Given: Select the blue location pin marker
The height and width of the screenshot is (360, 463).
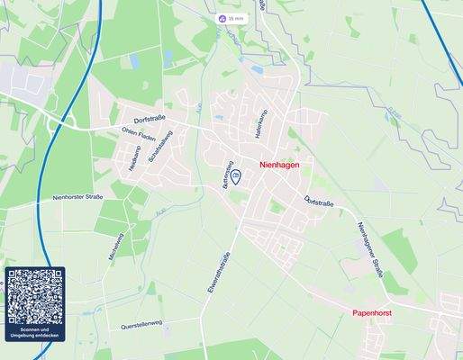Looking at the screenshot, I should click(x=236, y=176).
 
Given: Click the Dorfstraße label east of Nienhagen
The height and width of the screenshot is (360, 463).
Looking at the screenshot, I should click(x=319, y=202).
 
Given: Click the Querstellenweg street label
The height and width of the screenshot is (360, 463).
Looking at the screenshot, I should click(x=141, y=323).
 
